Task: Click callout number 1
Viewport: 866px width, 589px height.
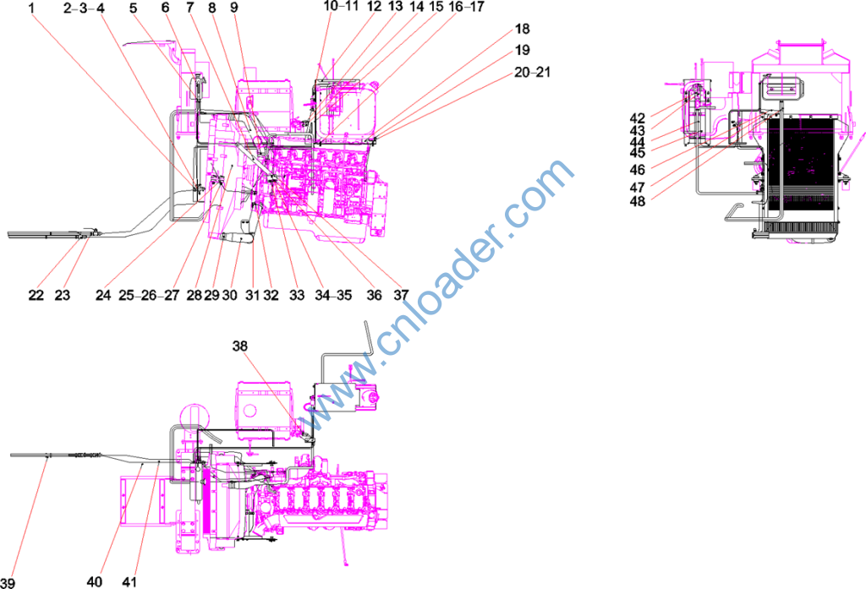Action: (31, 8)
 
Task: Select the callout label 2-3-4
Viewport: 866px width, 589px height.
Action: (84, 8)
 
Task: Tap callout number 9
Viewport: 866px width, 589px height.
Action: (234, 8)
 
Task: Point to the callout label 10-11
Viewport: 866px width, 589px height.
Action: (341, 7)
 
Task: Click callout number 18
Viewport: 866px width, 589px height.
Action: (523, 29)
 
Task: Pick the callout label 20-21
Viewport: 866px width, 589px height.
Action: (533, 73)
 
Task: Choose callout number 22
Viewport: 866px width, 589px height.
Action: (36, 295)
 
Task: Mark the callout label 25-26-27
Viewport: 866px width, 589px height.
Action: (149, 295)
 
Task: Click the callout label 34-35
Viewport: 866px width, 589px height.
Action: (333, 295)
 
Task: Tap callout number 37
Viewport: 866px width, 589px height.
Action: (401, 295)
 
